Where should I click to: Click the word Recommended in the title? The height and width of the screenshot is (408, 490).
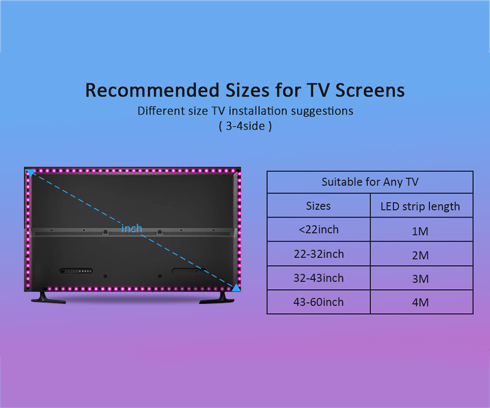pyautogui.click(x=152, y=90)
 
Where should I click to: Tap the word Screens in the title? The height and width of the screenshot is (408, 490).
pyautogui.click(x=370, y=90)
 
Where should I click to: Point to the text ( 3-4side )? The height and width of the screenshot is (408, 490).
pyautogui.click(x=246, y=126)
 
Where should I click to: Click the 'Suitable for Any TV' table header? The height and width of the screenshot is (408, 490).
pyautogui.click(x=370, y=182)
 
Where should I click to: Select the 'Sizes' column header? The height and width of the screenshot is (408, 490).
pyautogui.click(x=318, y=206)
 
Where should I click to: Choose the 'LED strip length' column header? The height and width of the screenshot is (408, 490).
pyautogui.click(x=420, y=207)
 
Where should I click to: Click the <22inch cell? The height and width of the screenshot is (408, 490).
pyautogui.click(x=318, y=229)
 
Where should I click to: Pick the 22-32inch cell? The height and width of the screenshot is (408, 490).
pyautogui.click(x=318, y=254)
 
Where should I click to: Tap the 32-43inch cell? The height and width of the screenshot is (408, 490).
pyautogui.click(x=318, y=278)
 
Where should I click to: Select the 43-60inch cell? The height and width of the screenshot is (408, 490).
pyautogui.click(x=318, y=302)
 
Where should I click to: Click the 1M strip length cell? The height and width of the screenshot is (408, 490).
pyautogui.click(x=420, y=232)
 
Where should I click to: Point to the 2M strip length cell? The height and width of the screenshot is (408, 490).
pyautogui.click(x=420, y=256)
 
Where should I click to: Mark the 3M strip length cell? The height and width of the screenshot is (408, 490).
pyautogui.click(x=420, y=279)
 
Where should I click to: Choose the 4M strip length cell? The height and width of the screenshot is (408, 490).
pyautogui.click(x=420, y=302)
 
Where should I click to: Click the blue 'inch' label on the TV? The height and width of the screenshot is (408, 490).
pyautogui.click(x=132, y=228)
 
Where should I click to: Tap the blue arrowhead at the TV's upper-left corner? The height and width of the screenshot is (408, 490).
pyautogui.click(x=30, y=172)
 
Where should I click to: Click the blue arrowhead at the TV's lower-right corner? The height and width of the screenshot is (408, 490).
pyautogui.click(x=236, y=287)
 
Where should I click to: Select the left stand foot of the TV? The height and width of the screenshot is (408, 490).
pyautogui.click(x=48, y=298)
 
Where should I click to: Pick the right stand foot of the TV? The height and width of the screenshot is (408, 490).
pyautogui.click(x=217, y=298)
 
